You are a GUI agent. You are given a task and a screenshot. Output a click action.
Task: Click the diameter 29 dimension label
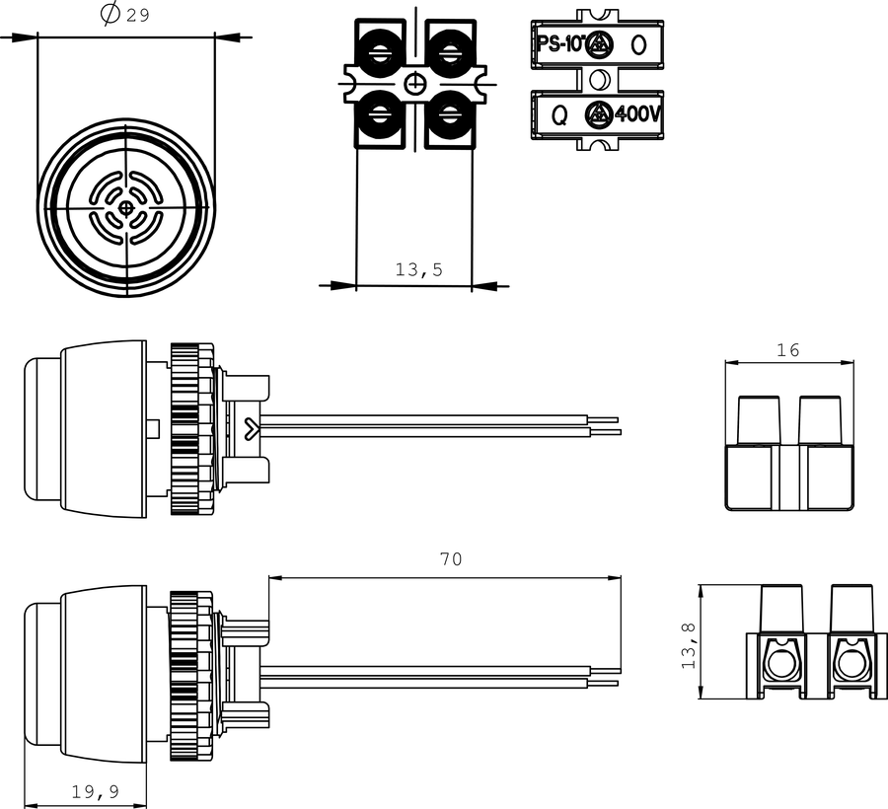(125, 14)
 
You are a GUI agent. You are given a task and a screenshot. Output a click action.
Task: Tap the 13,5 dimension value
(419, 270)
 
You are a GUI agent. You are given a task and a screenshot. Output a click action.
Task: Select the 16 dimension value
(787, 350)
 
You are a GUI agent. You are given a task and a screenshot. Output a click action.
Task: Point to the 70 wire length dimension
(451, 559)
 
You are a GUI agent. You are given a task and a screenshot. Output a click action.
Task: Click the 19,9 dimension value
(96, 791)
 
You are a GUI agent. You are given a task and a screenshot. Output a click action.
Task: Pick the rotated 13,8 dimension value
(689, 645)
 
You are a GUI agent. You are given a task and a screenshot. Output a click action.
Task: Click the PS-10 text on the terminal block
(559, 44)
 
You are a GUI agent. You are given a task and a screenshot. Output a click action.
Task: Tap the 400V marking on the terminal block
(637, 114)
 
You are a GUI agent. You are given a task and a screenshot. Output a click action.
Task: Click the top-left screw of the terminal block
(380, 55)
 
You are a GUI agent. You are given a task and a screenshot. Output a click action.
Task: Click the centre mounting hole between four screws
(415, 85)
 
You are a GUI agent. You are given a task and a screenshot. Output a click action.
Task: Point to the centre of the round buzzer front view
(125, 208)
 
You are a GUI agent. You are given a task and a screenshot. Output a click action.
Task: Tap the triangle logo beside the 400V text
(598, 113)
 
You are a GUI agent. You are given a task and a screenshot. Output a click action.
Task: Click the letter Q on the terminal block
(559, 115)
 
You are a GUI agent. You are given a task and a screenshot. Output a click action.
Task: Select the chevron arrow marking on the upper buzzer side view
(252, 428)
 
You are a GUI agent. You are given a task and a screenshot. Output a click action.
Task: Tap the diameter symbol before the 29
(111, 14)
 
